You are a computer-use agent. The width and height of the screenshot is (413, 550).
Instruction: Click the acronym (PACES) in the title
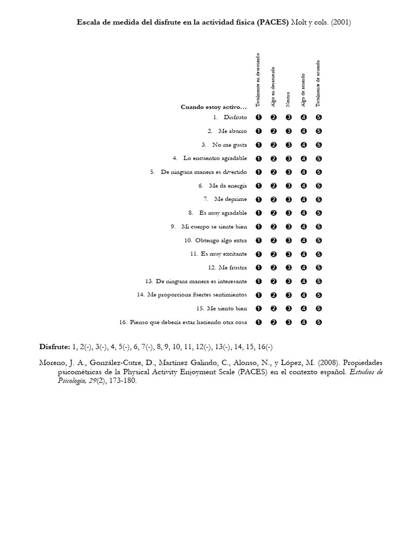272,23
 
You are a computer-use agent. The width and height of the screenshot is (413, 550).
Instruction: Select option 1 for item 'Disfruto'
259,117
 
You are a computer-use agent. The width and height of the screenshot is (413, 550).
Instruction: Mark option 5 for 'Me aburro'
319,131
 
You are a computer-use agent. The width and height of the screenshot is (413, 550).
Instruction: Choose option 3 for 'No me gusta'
289,144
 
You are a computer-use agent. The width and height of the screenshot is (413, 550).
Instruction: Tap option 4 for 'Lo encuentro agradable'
304,158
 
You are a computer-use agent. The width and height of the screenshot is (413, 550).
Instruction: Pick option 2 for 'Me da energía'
274,186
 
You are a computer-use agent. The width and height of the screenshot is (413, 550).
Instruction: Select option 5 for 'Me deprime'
319,199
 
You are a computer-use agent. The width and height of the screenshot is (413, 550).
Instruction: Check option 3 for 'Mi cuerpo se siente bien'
289,227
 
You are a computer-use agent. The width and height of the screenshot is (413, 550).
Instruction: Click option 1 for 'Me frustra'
259,267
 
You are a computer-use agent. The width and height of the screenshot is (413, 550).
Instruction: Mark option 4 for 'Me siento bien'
304,308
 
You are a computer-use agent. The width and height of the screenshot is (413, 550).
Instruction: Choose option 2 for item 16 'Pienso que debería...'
274,322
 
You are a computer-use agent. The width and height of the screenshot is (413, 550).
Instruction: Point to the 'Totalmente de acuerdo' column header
318,83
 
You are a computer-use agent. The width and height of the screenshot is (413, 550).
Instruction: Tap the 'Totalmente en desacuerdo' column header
258,79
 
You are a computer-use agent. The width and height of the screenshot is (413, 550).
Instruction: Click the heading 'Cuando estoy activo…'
213,107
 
